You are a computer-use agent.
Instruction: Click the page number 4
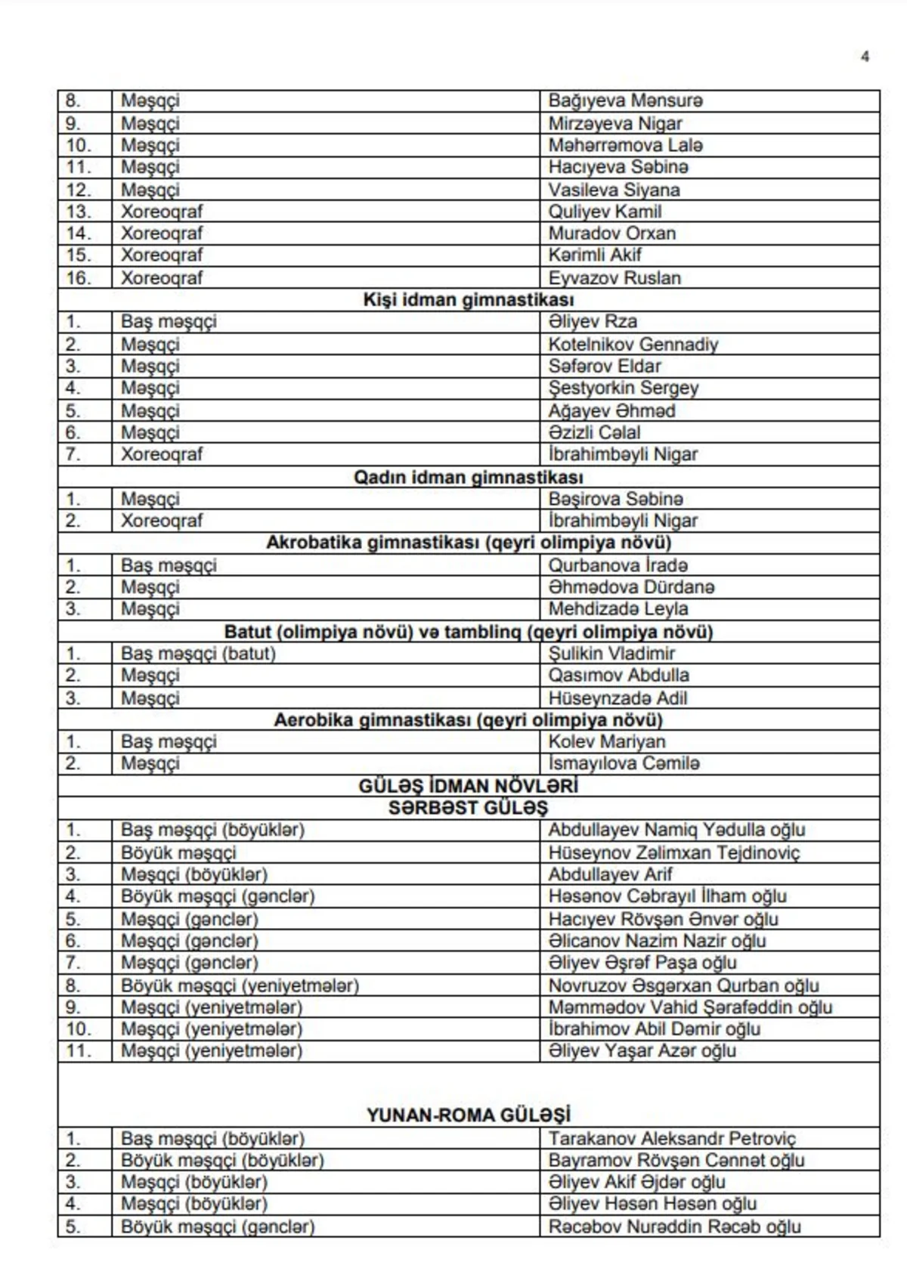[x=865, y=57]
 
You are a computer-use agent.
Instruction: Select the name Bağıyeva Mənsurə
[x=625, y=101]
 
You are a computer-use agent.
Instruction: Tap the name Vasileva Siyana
[x=614, y=190]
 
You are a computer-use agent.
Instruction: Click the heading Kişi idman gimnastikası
[x=469, y=300]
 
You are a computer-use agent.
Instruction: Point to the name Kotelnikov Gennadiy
[x=633, y=345]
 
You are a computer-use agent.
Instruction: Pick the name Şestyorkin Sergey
[x=623, y=388]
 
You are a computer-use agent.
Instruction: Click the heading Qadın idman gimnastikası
[x=469, y=478]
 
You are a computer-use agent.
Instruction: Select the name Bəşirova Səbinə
[x=615, y=499]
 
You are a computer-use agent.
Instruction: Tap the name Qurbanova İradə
[x=618, y=565]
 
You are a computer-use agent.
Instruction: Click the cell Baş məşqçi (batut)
[x=198, y=653]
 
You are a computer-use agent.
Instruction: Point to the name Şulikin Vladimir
[x=611, y=653]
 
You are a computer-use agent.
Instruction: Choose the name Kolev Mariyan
[x=607, y=741]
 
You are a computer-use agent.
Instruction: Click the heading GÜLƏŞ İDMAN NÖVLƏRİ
[x=469, y=786]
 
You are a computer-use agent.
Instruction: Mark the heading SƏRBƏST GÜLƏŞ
[x=469, y=808]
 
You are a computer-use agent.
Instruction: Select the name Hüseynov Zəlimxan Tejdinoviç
[x=673, y=852]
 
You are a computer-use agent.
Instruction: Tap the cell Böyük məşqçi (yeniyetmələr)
[x=240, y=985]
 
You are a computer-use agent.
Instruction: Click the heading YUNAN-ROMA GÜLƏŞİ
[x=469, y=1115]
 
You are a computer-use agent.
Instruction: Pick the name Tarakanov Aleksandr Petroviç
[x=672, y=1138]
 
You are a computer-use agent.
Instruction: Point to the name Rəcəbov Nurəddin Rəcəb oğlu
[x=674, y=1227]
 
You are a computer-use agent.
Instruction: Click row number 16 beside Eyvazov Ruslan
[x=78, y=278]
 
